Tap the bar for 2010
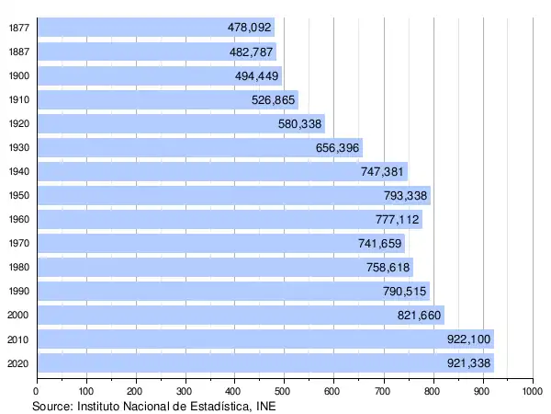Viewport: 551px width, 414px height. (x=266, y=339)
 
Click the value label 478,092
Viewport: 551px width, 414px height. (x=250, y=28)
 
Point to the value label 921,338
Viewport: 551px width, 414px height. (x=469, y=362)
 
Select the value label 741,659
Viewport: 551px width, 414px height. (x=380, y=243)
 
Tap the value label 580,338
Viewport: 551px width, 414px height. (x=300, y=123)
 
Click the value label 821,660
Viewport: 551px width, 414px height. (x=420, y=315)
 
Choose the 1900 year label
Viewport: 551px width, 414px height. (x=17, y=75)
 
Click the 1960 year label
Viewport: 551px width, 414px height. (x=17, y=219)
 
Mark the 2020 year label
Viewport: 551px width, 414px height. (x=17, y=362)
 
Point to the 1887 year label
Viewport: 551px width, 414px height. (x=17, y=52)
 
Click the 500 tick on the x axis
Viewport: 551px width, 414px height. (x=285, y=391)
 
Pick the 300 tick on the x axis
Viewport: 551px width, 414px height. (x=186, y=391)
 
